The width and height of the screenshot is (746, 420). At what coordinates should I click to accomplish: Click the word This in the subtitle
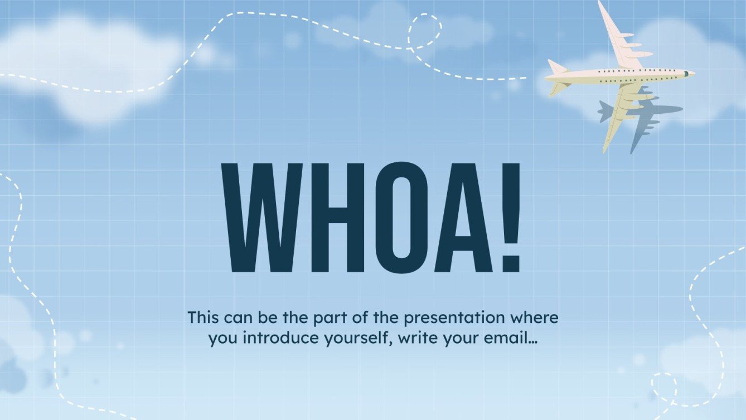(x=204, y=318)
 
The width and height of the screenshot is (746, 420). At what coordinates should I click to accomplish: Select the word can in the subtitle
(x=237, y=318)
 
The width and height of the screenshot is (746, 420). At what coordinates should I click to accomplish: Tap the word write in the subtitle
(x=411, y=339)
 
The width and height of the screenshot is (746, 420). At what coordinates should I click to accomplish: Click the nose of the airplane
(x=692, y=74)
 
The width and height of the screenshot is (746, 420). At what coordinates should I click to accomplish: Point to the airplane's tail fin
(x=556, y=67)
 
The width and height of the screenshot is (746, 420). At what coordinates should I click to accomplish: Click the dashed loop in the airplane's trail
(x=425, y=31)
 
